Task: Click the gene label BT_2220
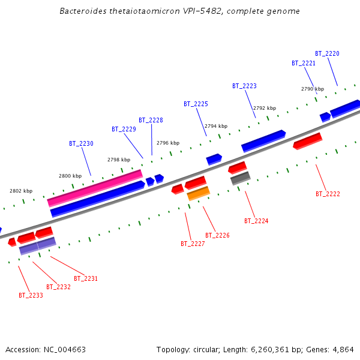pyautogui.click(x=327, y=53)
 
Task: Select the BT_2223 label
pyautogui.click(x=244, y=86)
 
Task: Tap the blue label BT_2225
pyautogui.click(x=196, y=104)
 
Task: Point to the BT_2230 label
pyautogui.click(x=81, y=143)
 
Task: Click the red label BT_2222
pyautogui.click(x=328, y=194)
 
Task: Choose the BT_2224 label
pyautogui.click(x=256, y=221)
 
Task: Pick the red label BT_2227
pyautogui.click(x=193, y=244)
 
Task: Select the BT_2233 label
pyautogui.click(x=31, y=295)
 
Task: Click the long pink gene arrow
pyautogui.click(x=95, y=188)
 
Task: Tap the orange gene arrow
pyautogui.click(x=199, y=193)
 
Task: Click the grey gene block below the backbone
pyautogui.click(x=240, y=178)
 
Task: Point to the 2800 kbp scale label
pyautogui.click(x=70, y=176)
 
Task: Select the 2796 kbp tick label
pyautogui.click(x=168, y=143)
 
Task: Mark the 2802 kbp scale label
pyautogui.click(x=21, y=191)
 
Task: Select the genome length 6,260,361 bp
pyautogui.click(x=263, y=349)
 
